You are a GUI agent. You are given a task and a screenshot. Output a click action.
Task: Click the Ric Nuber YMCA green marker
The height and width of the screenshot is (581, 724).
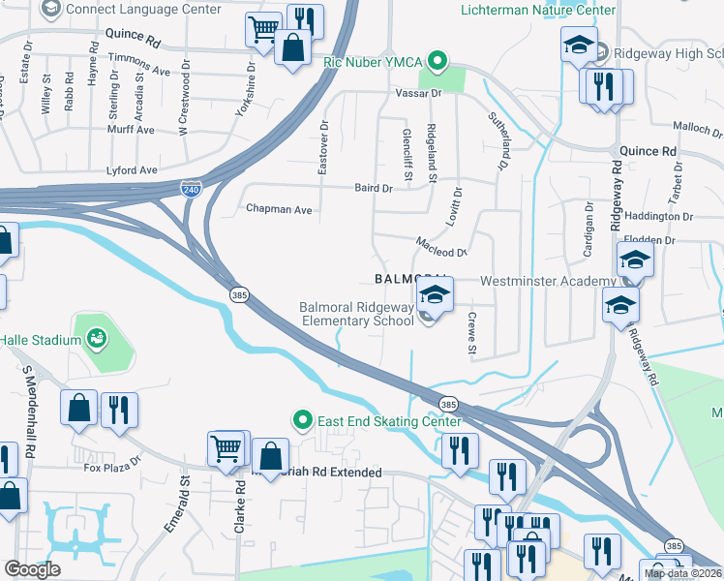tap(437, 64)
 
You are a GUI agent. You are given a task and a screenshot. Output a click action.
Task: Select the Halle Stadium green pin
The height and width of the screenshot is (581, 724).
tap(96, 338)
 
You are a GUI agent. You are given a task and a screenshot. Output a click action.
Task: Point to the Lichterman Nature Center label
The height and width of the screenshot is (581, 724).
tap(537, 10)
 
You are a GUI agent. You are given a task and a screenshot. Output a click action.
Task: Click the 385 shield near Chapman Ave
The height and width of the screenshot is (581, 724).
tap(237, 293)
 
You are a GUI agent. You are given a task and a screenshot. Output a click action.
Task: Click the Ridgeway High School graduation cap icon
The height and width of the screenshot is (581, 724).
tap(579, 45)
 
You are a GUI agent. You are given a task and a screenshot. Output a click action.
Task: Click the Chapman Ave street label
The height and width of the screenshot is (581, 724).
tap(279, 208)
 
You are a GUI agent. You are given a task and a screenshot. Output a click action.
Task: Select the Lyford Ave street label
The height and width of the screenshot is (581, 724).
tap(134, 169)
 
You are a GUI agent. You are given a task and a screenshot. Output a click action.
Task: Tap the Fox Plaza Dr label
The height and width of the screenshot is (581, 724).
tap(106, 468)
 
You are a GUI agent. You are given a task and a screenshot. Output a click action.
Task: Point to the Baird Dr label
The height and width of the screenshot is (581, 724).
tap(373, 188)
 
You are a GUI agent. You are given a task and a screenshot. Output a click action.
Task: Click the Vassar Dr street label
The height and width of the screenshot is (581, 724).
tap(418, 93)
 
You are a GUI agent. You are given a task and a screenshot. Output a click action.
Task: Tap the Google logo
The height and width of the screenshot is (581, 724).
tap(32, 569)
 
